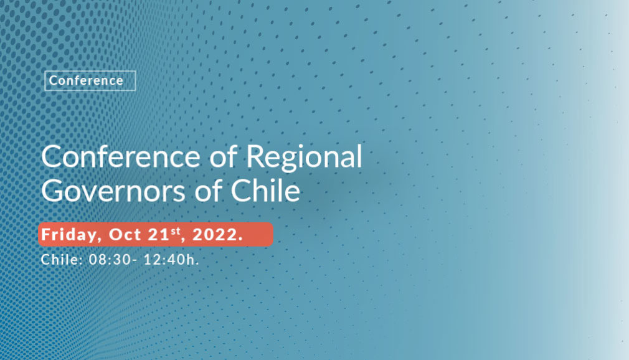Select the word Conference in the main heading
[x=121, y=156]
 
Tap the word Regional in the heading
[x=304, y=158]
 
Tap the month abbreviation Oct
[x=125, y=234]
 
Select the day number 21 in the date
[x=159, y=234]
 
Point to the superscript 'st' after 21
[x=176, y=231]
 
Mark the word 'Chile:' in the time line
[x=62, y=259]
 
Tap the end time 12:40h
[x=171, y=259]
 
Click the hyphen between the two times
[x=135, y=260]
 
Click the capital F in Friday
[x=47, y=234]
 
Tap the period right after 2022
[x=240, y=240]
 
